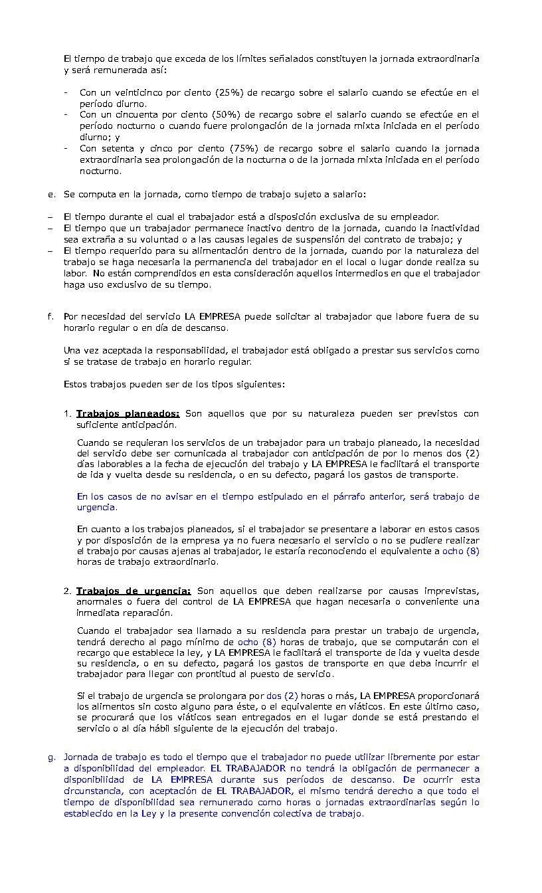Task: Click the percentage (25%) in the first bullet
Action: click(229, 92)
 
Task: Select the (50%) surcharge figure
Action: click(226, 115)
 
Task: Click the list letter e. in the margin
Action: click(50, 194)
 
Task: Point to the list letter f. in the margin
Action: click(50, 316)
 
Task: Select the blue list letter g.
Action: click(50, 757)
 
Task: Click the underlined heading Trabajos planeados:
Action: click(128, 413)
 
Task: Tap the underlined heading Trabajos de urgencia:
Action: click(134, 591)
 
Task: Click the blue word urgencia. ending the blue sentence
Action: click(97, 508)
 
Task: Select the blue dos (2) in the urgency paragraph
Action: click(283, 695)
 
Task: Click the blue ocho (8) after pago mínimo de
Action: click(256, 642)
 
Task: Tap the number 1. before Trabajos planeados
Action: click(68, 413)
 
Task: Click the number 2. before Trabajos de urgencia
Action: click(68, 591)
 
